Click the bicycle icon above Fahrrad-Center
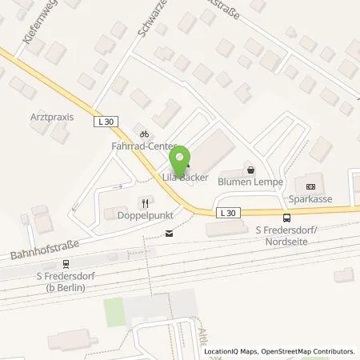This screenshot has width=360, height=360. pos(143,134)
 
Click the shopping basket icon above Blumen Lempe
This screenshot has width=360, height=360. pos(251,170)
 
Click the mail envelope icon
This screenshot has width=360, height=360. pos(168,234)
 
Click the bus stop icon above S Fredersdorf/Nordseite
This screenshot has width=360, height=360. pos(286,218)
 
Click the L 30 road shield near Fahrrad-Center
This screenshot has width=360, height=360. pos(111,122)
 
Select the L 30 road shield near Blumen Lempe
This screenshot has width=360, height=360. pos(227,212)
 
